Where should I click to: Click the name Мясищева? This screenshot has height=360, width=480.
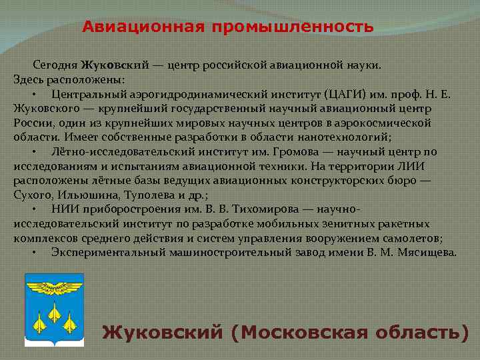coord(426,252)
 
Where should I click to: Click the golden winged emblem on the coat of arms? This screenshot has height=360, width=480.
coord(54,286)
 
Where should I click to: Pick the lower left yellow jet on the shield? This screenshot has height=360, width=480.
coord(39,323)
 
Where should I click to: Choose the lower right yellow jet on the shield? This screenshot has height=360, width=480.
coord(69,323)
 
